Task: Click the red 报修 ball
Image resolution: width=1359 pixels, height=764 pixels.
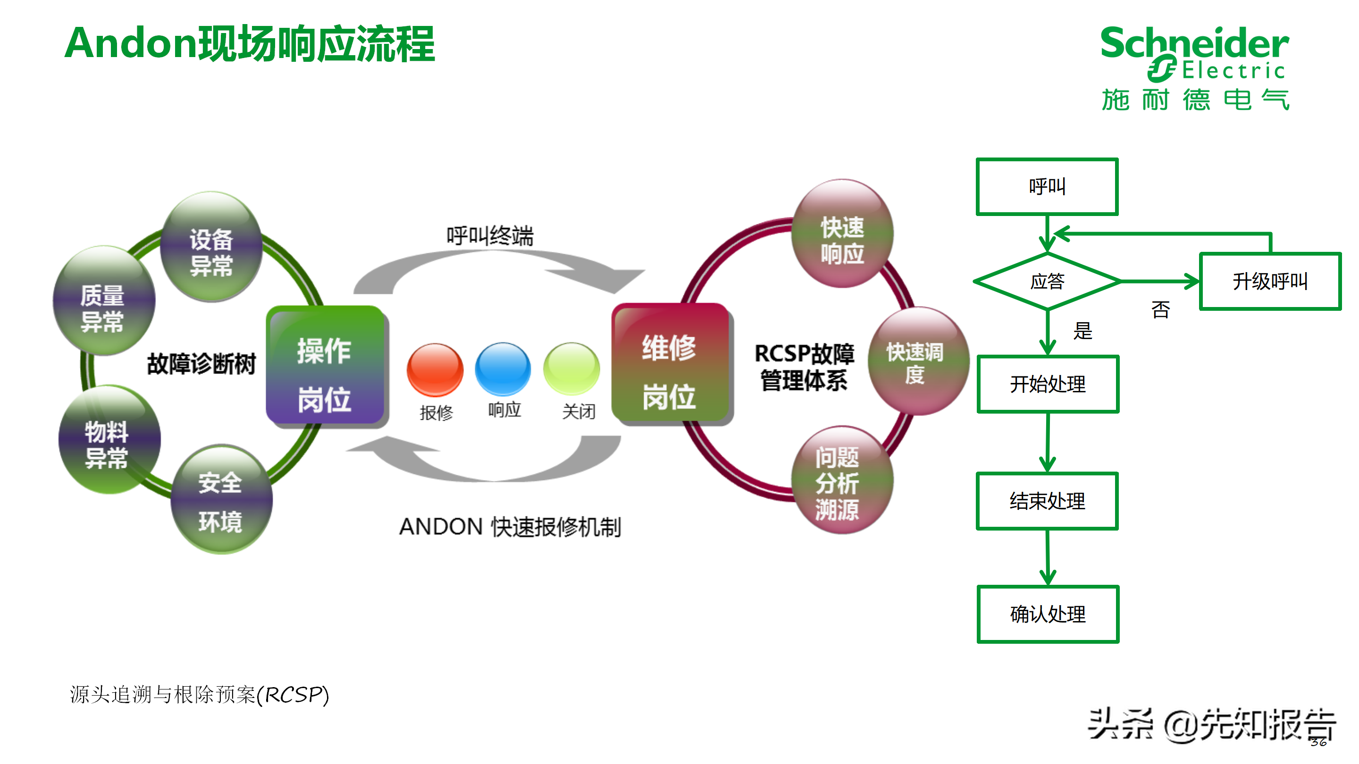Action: click(435, 370)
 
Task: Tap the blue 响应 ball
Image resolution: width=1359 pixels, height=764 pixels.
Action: click(503, 368)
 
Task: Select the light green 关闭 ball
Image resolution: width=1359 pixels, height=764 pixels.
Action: click(571, 368)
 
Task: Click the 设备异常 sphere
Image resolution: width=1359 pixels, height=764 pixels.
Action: click(211, 247)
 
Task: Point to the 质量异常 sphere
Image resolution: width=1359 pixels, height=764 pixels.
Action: click(104, 300)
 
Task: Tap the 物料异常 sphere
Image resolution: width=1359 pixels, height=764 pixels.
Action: click(109, 439)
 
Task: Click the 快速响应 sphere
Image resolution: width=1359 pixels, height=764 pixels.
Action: click(842, 233)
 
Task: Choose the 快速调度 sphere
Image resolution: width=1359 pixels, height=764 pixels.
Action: click(917, 361)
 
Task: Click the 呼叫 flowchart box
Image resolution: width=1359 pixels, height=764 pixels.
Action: click(1047, 187)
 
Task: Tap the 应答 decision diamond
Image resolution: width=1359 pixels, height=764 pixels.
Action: click(1047, 282)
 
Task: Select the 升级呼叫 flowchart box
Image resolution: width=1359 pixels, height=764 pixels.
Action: click(1269, 282)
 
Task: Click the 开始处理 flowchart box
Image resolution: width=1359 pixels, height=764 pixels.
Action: click(1048, 384)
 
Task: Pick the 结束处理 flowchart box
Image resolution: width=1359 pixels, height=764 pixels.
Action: click(1047, 501)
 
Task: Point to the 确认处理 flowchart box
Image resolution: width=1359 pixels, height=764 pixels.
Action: click(1048, 614)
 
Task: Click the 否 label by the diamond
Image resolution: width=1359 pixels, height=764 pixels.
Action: click(1160, 309)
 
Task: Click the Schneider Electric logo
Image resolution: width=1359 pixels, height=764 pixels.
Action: click(1194, 67)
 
